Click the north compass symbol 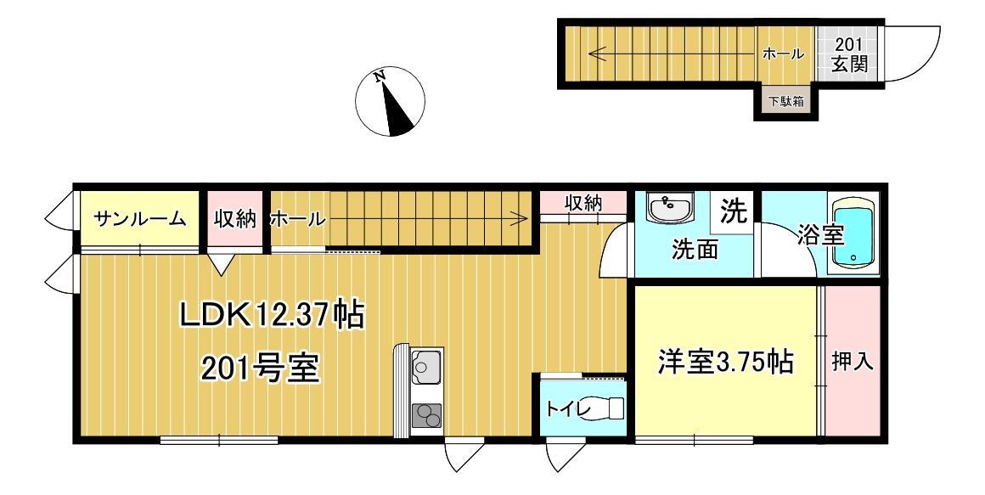(x=390, y=101)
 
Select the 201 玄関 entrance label (x=849, y=54)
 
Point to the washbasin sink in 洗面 (x=669, y=206)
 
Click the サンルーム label (x=140, y=219)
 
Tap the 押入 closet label (x=852, y=362)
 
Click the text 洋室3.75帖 (x=726, y=363)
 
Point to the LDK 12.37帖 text (x=272, y=316)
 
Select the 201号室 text (x=260, y=369)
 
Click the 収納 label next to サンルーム (x=234, y=219)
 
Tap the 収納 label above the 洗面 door (x=584, y=203)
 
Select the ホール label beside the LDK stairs (x=296, y=219)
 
